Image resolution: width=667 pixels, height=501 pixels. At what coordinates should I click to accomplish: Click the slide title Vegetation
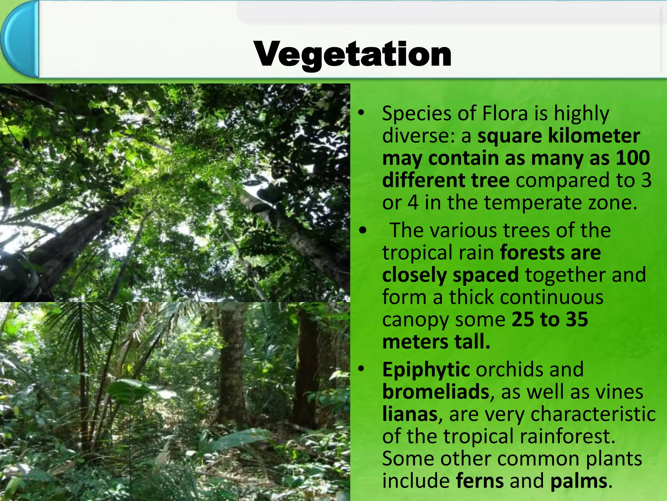coord(353,54)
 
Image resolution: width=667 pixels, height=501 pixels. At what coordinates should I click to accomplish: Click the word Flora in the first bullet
coord(505,114)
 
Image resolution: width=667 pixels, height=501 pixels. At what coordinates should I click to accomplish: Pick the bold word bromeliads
coord(436,392)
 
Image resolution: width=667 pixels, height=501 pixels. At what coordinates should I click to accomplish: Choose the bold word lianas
coord(410,414)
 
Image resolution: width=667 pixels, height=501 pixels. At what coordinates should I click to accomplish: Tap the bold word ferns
coord(479,481)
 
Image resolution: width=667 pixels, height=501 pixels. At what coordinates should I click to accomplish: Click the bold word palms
coord(579,481)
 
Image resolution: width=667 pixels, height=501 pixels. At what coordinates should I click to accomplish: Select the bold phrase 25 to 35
coord(550,319)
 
